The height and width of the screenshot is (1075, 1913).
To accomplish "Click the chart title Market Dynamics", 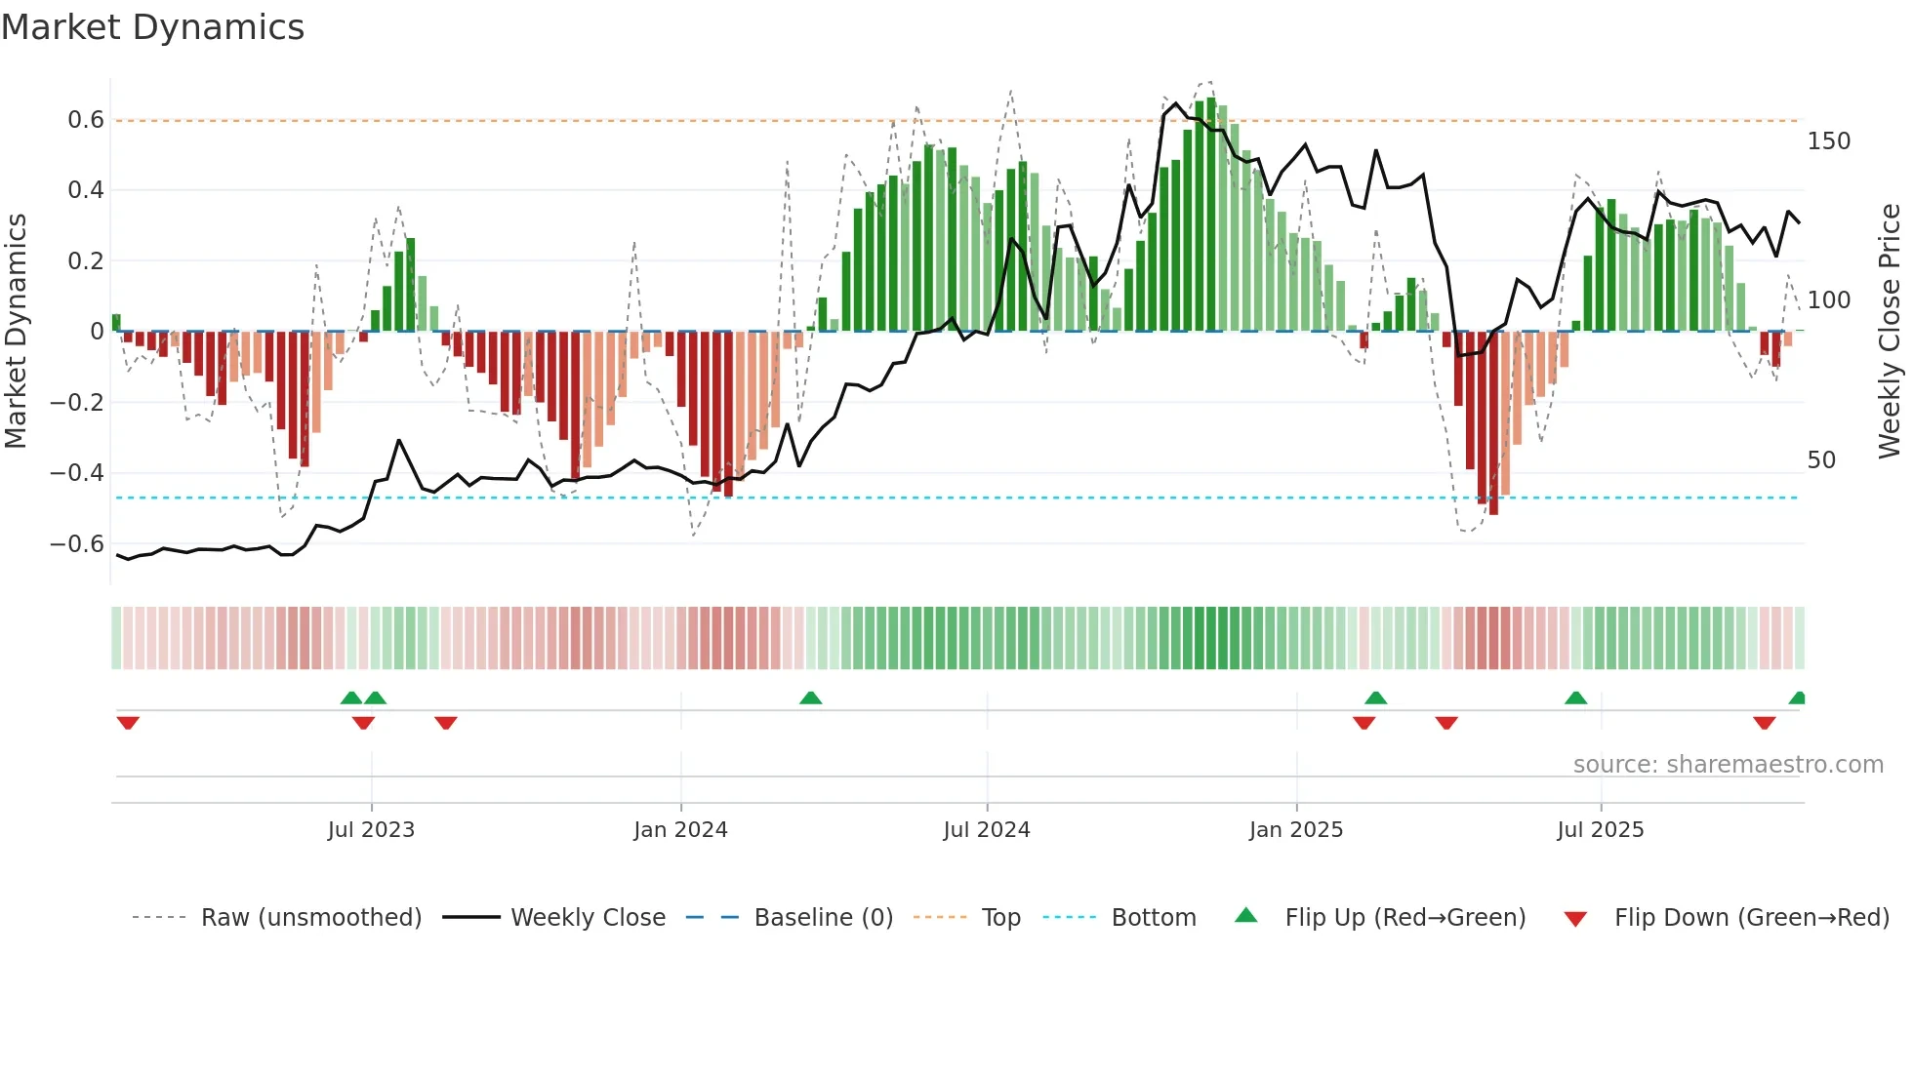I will (x=152, y=27).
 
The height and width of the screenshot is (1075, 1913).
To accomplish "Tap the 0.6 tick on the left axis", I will (x=85, y=120).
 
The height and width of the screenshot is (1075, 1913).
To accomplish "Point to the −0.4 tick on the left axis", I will (x=76, y=473).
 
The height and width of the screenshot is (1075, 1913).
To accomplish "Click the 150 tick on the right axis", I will (x=1828, y=141).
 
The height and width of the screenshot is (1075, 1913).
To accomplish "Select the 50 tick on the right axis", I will (x=1821, y=460).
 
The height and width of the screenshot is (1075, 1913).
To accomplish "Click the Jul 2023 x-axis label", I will (x=371, y=830).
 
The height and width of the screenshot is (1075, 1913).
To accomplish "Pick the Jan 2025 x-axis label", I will (x=1295, y=830).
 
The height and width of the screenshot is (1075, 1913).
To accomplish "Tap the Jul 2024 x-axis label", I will (x=986, y=830).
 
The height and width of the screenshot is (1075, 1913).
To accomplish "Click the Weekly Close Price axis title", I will (x=1890, y=332).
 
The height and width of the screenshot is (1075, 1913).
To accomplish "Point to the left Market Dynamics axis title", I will (x=16, y=332).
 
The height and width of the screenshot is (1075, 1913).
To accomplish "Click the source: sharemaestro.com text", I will (x=1728, y=765).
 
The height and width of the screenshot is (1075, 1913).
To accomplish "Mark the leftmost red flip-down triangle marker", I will (x=128, y=723).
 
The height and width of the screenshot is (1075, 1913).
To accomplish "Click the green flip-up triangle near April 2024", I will (x=810, y=697).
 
